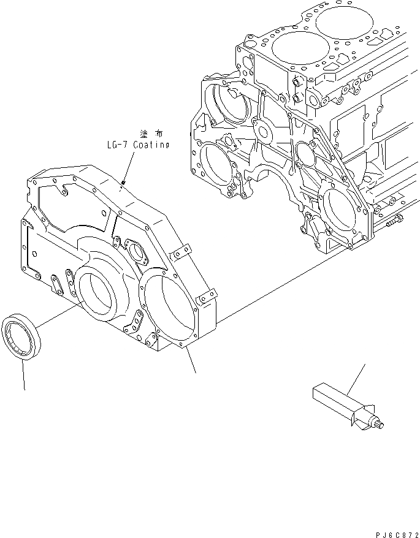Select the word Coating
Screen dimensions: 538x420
coord(148,145)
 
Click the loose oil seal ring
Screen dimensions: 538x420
coord(21,336)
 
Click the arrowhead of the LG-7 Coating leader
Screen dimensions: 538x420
coord(124,181)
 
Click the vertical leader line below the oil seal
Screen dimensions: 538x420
coord(24,375)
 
